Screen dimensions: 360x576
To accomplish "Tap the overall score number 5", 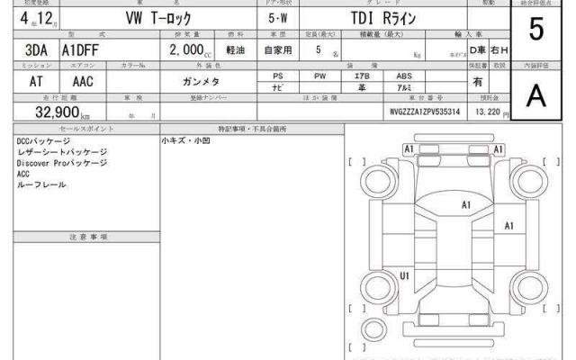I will coord(536,31).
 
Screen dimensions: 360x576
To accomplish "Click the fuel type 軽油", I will coord(237,51).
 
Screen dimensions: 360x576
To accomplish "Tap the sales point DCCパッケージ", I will coord(45,141).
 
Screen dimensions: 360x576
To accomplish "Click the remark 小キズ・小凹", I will coord(186,141).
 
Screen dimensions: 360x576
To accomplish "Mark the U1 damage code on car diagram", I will coord(405,275).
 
